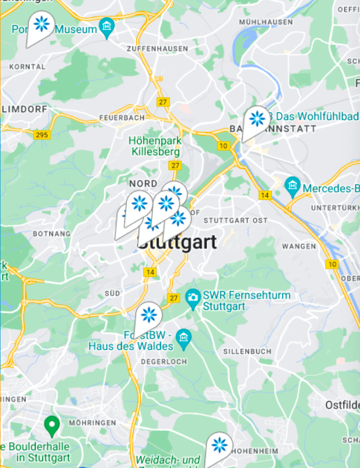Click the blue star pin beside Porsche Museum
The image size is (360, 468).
tap(41, 24)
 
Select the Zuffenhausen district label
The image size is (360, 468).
tap(157, 49)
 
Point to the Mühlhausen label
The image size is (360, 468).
tap(265, 22)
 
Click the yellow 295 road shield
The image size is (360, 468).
tap(42, 135)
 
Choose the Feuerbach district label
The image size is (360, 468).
tap(122, 117)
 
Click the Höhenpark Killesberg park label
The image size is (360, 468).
tap(154, 147)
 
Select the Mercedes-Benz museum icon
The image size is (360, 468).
tap(292, 185)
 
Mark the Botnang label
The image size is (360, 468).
tap(52, 234)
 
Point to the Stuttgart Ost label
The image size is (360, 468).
tap(235, 220)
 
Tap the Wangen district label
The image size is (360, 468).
tap(299, 246)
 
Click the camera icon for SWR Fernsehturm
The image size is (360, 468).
tap(192, 298)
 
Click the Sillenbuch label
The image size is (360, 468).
tap(247, 351)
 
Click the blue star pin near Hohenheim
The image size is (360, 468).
tap(219, 445)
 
